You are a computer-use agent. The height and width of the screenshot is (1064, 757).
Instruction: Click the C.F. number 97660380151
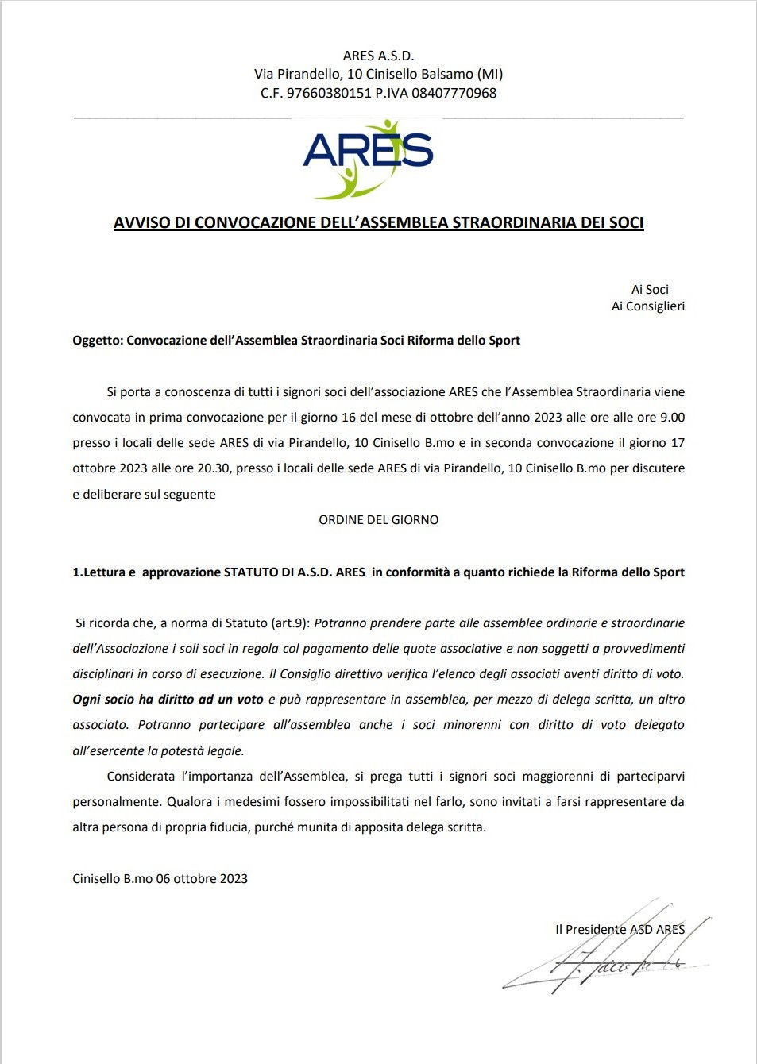[329, 93]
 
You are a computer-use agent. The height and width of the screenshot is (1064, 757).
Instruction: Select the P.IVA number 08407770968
[454, 93]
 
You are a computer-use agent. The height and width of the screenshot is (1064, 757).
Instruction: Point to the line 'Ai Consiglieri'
[647, 306]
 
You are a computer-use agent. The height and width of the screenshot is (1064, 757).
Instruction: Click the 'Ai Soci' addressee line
[650, 290]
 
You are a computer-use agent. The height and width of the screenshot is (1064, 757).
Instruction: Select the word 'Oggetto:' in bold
[98, 341]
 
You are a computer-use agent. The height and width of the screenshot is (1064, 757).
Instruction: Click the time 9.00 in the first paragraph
[671, 418]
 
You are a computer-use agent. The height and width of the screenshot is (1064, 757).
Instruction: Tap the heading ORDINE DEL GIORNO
[378, 520]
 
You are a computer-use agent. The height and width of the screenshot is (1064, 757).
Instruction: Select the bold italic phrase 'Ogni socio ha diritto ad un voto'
[168, 700]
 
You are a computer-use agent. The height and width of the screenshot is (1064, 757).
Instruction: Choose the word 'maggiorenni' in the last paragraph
[554, 777]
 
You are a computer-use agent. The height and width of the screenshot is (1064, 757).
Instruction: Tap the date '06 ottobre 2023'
[202, 879]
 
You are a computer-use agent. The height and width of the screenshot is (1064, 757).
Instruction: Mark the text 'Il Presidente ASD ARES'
[620, 930]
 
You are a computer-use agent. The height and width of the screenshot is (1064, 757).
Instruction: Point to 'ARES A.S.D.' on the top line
[378, 56]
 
